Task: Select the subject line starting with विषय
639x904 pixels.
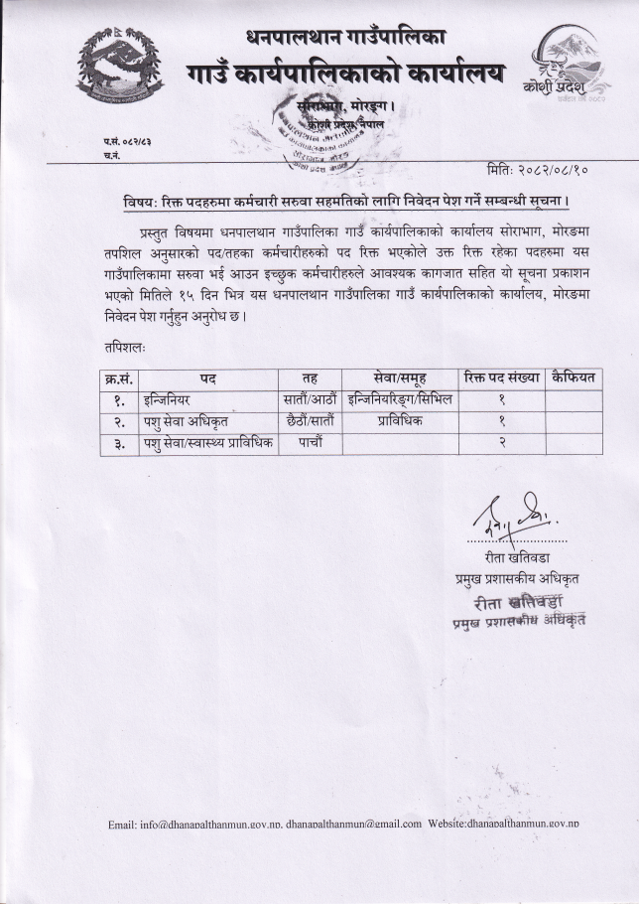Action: [x=338, y=203]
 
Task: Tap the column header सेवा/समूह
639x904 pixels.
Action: [x=398, y=378]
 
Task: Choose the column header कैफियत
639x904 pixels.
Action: [x=575, y=378]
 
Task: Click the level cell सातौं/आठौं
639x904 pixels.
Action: [x=309, y=400]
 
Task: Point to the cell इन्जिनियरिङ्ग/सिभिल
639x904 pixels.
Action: [x=398, y=400]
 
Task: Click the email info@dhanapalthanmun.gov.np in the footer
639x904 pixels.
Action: [x=194, y=824]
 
